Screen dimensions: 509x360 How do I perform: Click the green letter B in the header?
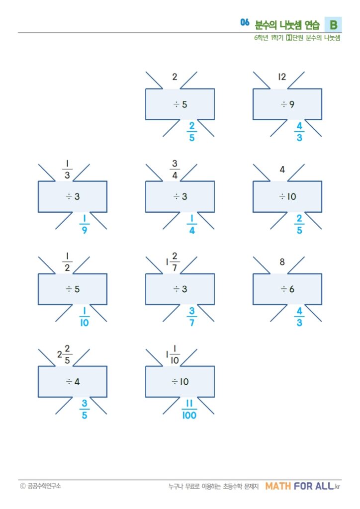pos(333,24)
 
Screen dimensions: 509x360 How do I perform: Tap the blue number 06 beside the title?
pos(244,22)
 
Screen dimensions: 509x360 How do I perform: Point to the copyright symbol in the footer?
pos(22,486)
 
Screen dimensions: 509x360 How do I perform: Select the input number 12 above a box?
pos(282,77)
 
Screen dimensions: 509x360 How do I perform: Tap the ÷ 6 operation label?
pos(287,289)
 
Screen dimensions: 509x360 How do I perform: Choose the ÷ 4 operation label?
pos(72,382)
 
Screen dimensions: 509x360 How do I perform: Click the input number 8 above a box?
pos(282,261)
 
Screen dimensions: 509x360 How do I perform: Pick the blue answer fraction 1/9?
pos(85,225)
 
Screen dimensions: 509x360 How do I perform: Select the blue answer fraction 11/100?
pos(189,410)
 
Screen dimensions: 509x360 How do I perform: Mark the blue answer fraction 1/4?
pos(192,225)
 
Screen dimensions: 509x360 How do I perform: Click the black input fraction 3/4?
pos(175,169)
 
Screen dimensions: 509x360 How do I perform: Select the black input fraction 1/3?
pos(67,169)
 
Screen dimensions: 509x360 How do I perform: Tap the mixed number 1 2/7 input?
pos(172,261)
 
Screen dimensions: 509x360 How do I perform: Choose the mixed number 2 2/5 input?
pos(64,354)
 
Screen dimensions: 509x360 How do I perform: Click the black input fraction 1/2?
pos(67,261)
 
